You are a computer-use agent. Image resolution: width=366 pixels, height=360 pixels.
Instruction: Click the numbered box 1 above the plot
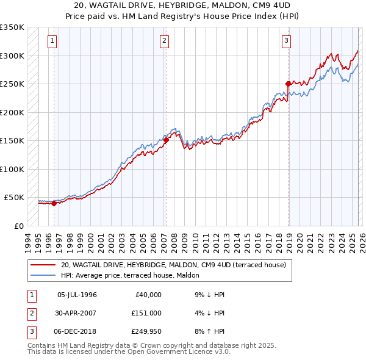pos(53,41)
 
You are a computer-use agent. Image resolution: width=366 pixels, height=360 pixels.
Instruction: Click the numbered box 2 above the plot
pos(165,41)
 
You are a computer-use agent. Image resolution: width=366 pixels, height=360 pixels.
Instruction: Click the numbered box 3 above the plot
pos(286,41)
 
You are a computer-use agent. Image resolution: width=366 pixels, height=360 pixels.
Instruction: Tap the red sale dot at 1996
pos(54,204)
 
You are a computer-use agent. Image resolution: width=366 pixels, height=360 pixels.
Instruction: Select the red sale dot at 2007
pos(165,140)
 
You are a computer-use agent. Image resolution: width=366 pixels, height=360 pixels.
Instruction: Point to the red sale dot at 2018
pos(287,84)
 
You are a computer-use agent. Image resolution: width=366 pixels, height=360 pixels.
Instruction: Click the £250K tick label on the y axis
pos(12,84)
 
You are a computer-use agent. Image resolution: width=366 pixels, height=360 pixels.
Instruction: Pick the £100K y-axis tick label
pos(12,169)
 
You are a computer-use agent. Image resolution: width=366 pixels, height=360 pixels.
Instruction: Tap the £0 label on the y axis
pos(19,226)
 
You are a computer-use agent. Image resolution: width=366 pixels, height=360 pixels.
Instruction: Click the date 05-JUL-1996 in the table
pos(77,294)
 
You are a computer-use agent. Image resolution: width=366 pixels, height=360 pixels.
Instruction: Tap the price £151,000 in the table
pos(146,312)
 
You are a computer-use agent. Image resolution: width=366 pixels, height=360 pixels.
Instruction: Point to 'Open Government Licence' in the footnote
pos(165,351)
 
